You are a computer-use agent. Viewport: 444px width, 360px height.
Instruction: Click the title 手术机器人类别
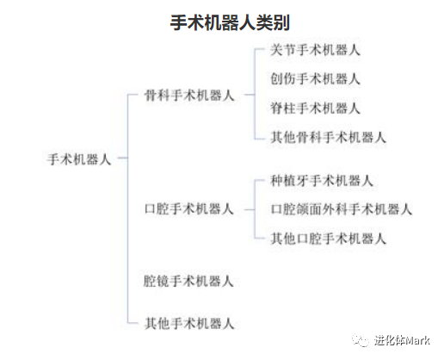pos(230,22)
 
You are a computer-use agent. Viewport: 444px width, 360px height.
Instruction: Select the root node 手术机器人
pos(79,159)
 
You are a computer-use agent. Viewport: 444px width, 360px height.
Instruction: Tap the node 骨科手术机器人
pos(189,96)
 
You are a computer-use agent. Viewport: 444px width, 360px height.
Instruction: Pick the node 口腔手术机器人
pos(188,209)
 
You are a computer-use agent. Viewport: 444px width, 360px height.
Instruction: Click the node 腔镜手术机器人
pos(188,281)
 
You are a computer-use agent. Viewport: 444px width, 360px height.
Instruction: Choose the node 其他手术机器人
pos(189,324)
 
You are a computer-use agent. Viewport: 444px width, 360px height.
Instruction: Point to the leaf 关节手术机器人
pos(315,50)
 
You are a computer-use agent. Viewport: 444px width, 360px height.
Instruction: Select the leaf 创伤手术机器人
pos(315,79)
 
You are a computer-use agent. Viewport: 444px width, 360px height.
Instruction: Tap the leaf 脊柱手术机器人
pos(315,109)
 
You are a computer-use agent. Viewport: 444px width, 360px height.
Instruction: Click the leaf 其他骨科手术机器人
pos(328,137)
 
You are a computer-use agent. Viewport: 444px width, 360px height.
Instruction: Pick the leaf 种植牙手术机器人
pos(322,181)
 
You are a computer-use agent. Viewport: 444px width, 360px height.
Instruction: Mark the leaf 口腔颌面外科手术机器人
pos(342,209)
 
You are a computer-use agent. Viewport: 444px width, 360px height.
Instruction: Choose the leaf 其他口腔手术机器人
pos(328,239)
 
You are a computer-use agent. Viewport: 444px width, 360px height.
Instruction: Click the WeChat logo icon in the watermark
pos(361,340)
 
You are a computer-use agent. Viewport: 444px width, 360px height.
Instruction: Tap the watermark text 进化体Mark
pos(402,340)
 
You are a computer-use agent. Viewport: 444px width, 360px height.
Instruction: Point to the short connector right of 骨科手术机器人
pos(250,95)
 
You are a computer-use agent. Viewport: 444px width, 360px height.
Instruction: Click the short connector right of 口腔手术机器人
pos(250,209)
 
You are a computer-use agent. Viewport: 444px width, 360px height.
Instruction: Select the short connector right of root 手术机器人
pos(123,158)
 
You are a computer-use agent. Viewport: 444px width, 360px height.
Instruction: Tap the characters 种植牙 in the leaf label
pos(289,181)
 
